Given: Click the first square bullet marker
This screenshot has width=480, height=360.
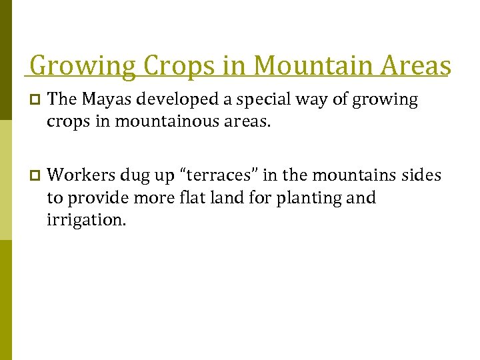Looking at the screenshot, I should [x=35, y=101].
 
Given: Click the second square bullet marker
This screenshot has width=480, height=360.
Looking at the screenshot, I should [x=35, y=176].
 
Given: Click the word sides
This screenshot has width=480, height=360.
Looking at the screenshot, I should [x=421, y=175].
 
